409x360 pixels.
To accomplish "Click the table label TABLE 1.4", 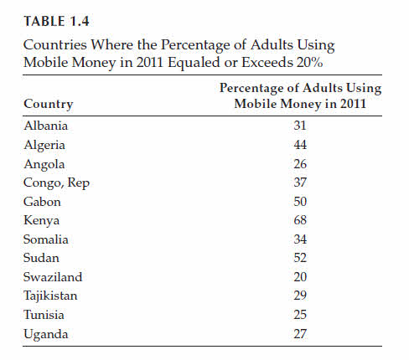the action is point(56,22).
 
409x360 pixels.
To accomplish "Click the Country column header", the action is point(49,105).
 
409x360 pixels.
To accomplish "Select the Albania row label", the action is point(46,126).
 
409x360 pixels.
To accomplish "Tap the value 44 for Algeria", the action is point(300,145).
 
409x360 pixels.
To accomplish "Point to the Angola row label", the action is point(44,164).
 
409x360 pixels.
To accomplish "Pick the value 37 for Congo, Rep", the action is point(300,183).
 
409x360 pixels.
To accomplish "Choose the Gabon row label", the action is point(42,202).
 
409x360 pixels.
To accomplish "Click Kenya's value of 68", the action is point(300,220).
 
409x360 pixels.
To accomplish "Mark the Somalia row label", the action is point(46,239).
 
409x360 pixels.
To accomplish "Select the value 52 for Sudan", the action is point(300,258).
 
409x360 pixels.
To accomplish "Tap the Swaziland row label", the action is point(53,277).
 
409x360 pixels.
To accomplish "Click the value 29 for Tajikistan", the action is point(300,296).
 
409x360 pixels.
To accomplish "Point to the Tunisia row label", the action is point(44,315).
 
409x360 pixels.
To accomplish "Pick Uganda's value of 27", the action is point(300,334).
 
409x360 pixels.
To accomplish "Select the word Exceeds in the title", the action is point(267,62).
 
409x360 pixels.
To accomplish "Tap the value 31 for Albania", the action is point(300,126).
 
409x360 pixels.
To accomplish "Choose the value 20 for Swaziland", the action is point(300,277).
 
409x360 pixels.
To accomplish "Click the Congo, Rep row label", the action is point(56,183).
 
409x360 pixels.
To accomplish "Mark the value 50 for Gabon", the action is point(300,202).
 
